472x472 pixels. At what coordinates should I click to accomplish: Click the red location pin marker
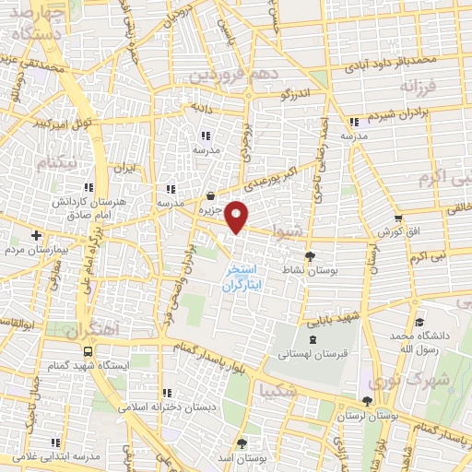pos(237,216)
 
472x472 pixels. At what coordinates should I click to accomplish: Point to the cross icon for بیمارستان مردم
pos(36,236)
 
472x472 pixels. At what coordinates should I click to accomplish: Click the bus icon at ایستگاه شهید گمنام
pos(88,351)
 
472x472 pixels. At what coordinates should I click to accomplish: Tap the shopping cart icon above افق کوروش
pos(398,218)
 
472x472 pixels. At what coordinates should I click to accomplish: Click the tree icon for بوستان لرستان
pos(368,400)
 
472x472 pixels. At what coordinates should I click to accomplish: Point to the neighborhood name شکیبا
pos(279,390)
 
